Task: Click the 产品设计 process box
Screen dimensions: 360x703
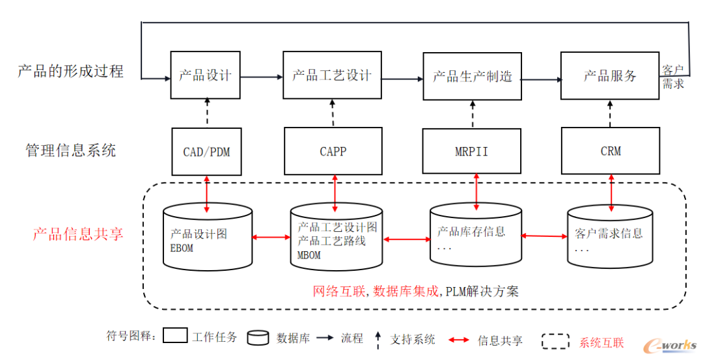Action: click(x=205, y=75)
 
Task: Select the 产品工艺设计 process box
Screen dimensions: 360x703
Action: click(x=332, y=75)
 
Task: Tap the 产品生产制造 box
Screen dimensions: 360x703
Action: click(x=472, y=76)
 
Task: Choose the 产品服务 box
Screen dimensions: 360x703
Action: click(x=610, y=76)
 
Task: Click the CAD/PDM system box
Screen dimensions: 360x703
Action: click(x=206, y=152)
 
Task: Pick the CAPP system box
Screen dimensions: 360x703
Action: click(x=333, y=152)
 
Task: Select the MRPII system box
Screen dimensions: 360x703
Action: click(x=471, y=152)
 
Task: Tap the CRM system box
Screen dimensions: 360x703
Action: click(x=610, y=151)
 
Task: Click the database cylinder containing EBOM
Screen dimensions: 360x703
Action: click(x=207, y=238)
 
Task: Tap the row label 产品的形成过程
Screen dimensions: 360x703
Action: click(x=70, y=71)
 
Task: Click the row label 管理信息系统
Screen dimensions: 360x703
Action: click(x=70, y=150)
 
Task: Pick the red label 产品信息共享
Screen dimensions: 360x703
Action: click(x=78, y=234)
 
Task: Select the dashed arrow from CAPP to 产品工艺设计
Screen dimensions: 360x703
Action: click(x=332, y=113)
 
